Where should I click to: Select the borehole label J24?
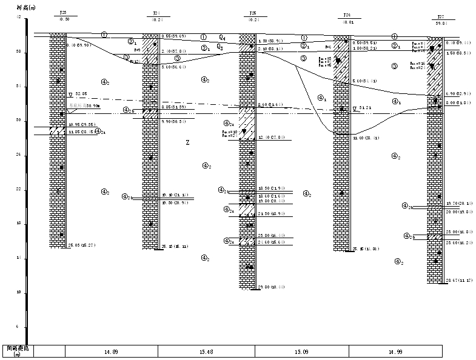click(x=156, y=12)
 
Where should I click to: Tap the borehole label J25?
click(x=252, y=12)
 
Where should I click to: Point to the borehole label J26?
click(x=347, y=15)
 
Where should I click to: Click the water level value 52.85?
click(x=81, y=95)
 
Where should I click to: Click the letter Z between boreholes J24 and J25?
click(x=187, y=142)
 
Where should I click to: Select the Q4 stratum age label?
click(x=223, y=37)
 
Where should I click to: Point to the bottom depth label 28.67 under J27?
click(x=455, y=281)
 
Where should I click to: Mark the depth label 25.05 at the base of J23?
click(x=78, y=245)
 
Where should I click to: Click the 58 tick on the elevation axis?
click(x=18, y=52)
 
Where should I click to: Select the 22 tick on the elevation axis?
click(x=18, y=189)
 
